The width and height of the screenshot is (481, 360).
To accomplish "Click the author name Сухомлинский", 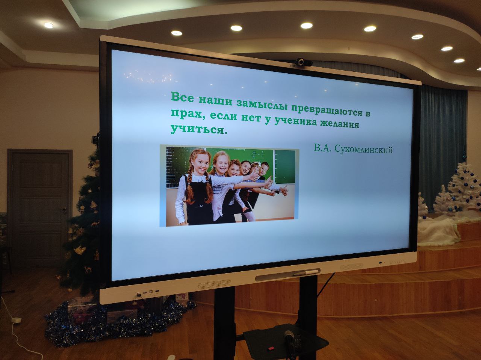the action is point(364,150).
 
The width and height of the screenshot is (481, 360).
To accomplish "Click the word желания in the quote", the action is point(339,124).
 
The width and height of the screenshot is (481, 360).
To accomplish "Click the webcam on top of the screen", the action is point(303,62).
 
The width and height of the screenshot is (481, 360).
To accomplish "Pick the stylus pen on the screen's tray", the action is point(306,272).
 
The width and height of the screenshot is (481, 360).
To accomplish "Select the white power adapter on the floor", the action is point(16,320).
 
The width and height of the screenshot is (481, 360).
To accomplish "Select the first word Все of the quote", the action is point(182,97).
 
